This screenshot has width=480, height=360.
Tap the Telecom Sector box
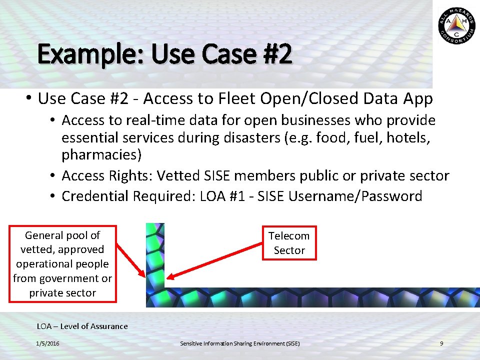click(289, 243)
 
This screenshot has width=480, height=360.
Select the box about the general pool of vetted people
click(62, 264)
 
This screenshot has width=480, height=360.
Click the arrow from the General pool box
click(131, 259)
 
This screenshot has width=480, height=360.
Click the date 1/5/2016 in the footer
click(47, 343)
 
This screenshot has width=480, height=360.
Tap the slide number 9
click(441, 343)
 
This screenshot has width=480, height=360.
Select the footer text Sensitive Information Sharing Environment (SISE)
click(240, 343)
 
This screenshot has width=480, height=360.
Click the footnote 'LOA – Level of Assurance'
click(82, 326)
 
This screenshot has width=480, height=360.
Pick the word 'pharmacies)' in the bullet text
click(102, 155)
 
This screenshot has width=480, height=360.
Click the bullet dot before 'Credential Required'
click(52, 196)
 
